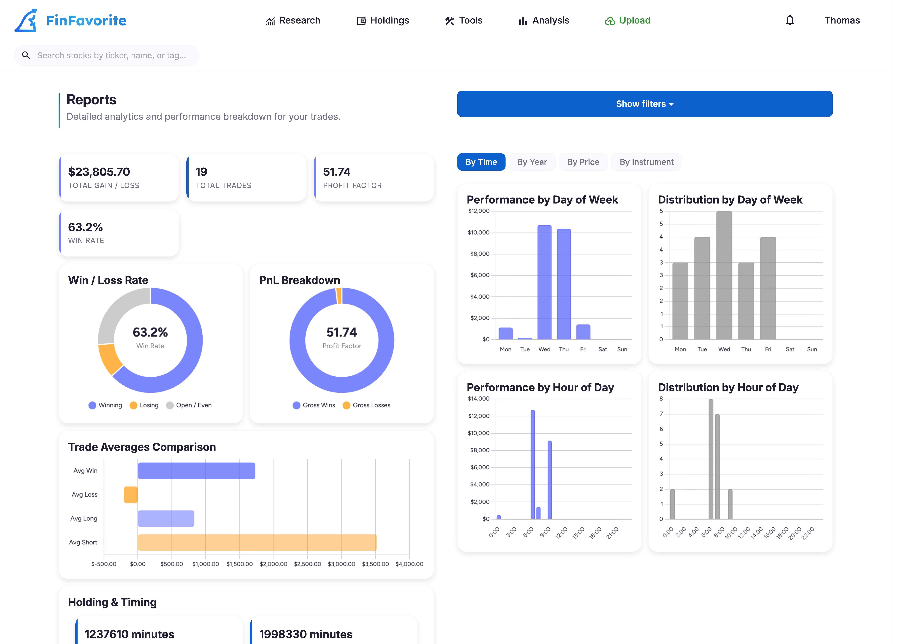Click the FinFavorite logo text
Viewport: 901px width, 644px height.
point(86,21)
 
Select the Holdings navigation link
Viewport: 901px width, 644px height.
point(383,21)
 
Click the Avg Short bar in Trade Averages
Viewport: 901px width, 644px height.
point(257,542)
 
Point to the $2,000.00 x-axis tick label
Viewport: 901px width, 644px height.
point(273,564)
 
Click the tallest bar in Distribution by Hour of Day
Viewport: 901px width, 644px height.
point(711,459)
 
